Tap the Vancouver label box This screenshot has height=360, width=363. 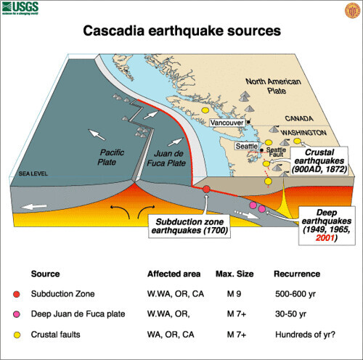[x=227, y=123]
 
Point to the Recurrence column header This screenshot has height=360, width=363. [x=296, y=275]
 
